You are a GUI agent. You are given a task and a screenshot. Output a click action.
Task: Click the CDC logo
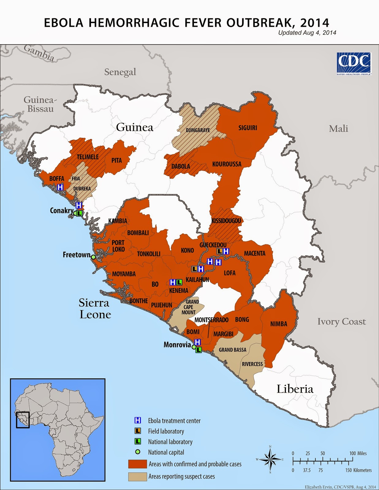pos(354,63)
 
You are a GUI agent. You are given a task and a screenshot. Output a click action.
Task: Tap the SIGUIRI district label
pos(248,128)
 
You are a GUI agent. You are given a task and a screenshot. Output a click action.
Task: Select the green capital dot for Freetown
pos(93,257)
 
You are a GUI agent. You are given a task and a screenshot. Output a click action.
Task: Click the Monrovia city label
pos(177,345)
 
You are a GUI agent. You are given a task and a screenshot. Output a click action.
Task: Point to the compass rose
pos(270,459)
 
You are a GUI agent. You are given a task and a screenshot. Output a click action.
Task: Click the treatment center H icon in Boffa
pos(60,187)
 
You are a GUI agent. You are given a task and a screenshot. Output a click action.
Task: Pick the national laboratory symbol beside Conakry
pos(79,213)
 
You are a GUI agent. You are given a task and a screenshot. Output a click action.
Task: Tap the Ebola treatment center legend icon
pos(138,420)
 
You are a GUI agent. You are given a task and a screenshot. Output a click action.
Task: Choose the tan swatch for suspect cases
pos(137,477)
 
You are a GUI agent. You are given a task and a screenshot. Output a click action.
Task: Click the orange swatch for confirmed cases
pos(137,464)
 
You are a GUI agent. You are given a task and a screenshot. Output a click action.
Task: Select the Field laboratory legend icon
pos(138,431)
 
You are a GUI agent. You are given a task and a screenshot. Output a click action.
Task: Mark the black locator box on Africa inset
pos(23,420)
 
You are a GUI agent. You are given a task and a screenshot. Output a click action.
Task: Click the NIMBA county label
pos(279,324)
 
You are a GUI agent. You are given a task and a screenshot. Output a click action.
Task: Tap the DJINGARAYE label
pos(198,130)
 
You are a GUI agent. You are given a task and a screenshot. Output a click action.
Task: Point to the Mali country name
pos(338,129)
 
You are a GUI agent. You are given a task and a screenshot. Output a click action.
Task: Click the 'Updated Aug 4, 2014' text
pos(307,33)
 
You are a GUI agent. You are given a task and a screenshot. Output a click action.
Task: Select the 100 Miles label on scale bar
pos(358,453)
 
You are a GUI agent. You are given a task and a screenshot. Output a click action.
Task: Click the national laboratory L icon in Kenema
pos(179,282)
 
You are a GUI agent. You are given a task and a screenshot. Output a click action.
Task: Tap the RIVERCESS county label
pos(252,364)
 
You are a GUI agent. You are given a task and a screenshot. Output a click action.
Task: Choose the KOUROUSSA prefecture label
pos(227,164)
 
